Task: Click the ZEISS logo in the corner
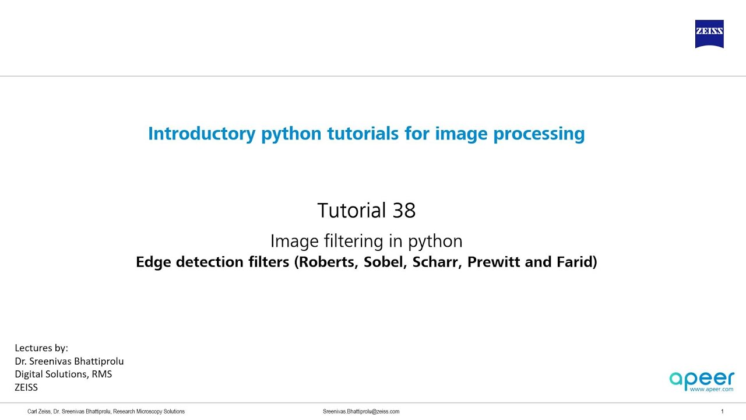coord(709,34)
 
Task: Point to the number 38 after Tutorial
coord(404,210)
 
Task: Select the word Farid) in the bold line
coord(576,262)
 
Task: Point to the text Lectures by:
coord(41,348)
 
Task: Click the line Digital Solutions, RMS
coord(63,374)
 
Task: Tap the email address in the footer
coord(361,411)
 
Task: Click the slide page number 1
coord(722,411)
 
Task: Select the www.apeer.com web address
coord(712,389)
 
